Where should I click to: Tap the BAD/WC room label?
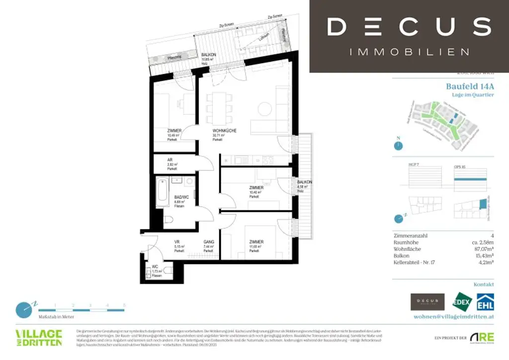click(179, 197)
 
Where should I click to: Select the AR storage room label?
click(170, 160)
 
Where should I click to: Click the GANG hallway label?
click(208, 242)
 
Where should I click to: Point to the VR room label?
click(176, 242)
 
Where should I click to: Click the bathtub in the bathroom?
click(163, 193)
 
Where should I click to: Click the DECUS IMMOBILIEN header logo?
click(409, 36)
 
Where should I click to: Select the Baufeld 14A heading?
click(470, 86)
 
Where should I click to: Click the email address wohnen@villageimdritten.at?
click(454, 316)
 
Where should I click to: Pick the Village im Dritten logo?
click(39, 337)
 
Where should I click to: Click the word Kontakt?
click(484, 284)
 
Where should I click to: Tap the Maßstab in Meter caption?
click(56, 316)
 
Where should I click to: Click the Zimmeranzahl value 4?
click(492, 236)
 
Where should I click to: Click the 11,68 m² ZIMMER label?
click(256, 242)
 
